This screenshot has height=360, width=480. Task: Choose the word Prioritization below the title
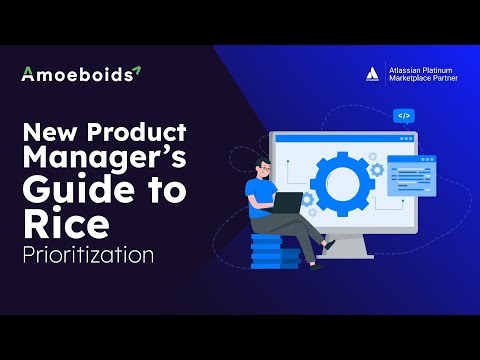click(87, 254)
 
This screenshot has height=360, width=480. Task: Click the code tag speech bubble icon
click(404, 116)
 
